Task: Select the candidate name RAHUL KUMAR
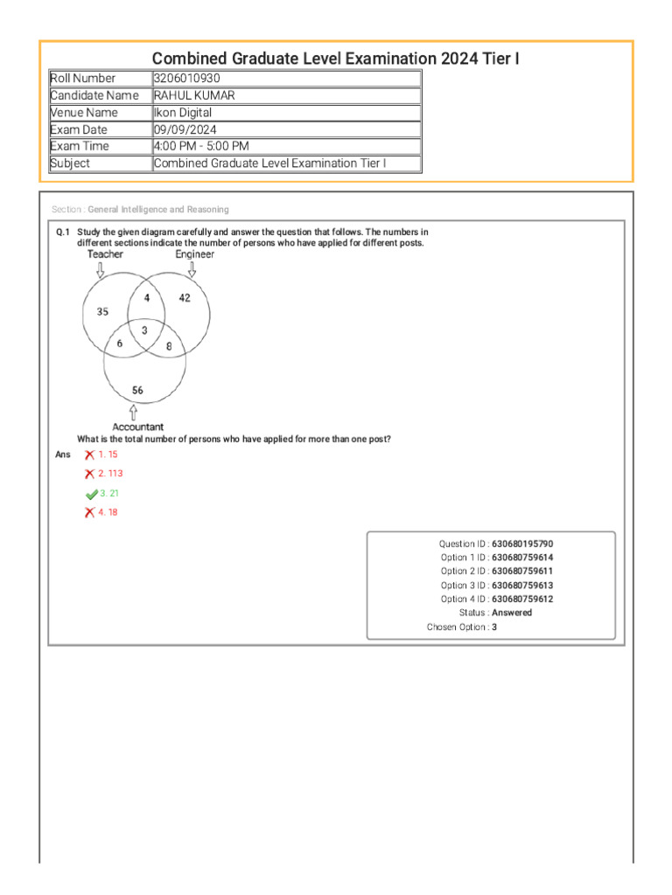pos(194,95)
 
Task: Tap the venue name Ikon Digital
pos(182,113)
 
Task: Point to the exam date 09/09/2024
pos(185,129)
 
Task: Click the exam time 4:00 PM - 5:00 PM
pos(200,146)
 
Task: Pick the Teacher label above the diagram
pos(105,254)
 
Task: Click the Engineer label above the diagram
pos(194,254)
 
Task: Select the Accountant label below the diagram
pos(137,427)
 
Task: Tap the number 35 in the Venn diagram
pos(102,312)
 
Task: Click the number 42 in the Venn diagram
pos(185,298)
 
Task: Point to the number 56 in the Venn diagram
pos(137,390)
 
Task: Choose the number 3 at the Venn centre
pos(144,330)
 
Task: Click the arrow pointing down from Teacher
pos(100,270)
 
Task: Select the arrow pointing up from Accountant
pos(133,411)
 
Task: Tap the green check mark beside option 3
pos(91,494)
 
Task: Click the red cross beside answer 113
pos(89,474)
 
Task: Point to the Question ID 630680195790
pos(521,544)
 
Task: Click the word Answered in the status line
pos(511,613)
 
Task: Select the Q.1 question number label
pos(62,232)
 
